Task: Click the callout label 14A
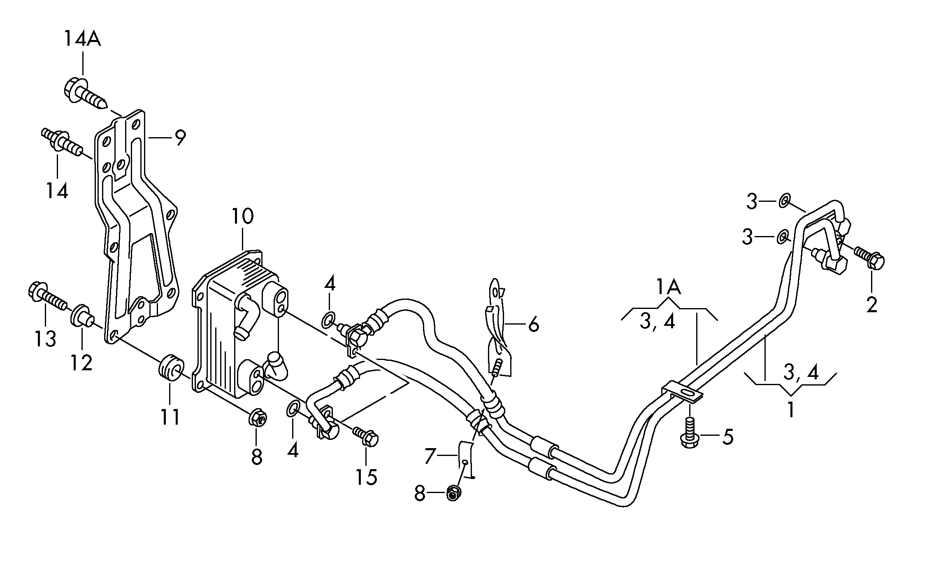tap(82, 39)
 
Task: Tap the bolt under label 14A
tap(84, 94)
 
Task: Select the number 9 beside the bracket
tap(180, 138)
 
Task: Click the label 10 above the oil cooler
tap(242, 216)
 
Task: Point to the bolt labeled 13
tap(46, 299)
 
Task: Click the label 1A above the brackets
tap(669, 287)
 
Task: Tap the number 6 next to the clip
tap(533, 325)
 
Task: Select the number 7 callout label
tap(430, 456)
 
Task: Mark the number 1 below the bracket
tap(790, 410)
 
